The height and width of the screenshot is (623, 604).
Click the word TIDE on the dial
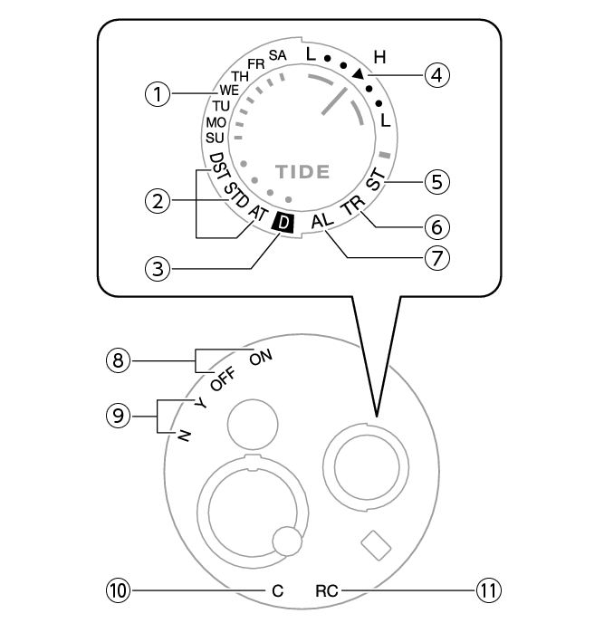pos(302,170)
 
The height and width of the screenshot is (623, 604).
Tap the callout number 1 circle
pos(158,94)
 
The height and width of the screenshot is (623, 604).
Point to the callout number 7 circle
pos(438,257)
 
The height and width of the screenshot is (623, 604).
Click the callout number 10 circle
pos(120,590)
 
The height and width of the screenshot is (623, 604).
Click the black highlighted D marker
pos(283,223)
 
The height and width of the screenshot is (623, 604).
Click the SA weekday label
pos(278,56)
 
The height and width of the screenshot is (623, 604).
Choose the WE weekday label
pos(227,91)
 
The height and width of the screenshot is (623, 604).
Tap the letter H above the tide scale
pos(379,57)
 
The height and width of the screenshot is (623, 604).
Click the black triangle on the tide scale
pos(359,73)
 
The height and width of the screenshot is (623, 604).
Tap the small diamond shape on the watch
pos(375,544)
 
